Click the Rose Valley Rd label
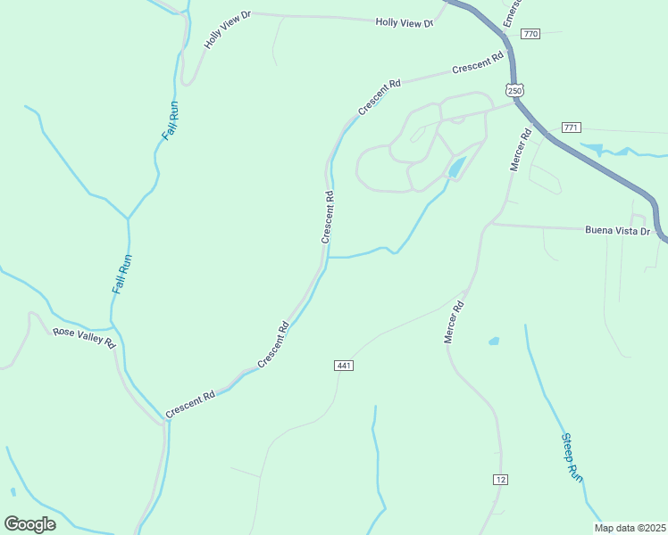(x=84, y=336)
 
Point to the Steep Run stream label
(x=572, y=457)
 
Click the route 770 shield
(x=530, y=34)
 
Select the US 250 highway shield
(x=514, y=90)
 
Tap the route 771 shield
(x=571, y=128)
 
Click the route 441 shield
(x=345, y=366)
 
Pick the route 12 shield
(x=500, y=480)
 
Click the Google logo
(x=30, y=523)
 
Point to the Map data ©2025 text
(x=630, y=528)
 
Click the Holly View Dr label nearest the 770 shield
(x=404, y=22)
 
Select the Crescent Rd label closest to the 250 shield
(x=478, y=64)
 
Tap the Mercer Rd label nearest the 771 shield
(x=520, y=150)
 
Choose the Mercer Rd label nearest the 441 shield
(x=455, y=323)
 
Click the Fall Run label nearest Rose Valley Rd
(x=121, y=275)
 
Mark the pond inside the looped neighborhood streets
(x=456, y=167)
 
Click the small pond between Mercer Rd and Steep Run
(x=494, y=341)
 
